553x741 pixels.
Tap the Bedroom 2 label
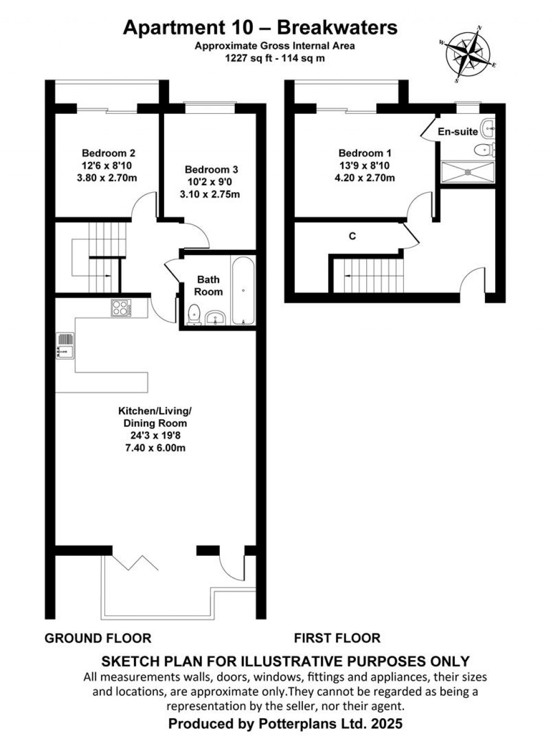pyautogui.click(x=108, y=153)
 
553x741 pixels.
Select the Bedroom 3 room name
pyautogui.click(x=211, y=169)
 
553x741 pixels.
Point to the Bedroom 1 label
pyautogui.click(x=365, y=153)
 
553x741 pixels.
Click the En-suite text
pyautogui.click(x=457, y=131)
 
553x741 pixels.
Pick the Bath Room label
pyautogui.click(x=208, y=285)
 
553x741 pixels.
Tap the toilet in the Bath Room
pyautogui.click(x=193, y=315)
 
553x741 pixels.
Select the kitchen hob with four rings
pyautogui.click(x=121, y=308)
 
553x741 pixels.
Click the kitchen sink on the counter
pyautogui.click(x=64, y=346)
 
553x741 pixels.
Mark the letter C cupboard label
pyautogui.click(x=352, y=236)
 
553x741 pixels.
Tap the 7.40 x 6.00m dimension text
pyautogui.click(x=154, y=448)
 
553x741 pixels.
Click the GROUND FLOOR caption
pyautogui.click(x=98, y=638)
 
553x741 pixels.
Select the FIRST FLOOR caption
pyautogui.click(x=337, y=638)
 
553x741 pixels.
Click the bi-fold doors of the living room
pyautogui.click(x=135, y=561)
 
